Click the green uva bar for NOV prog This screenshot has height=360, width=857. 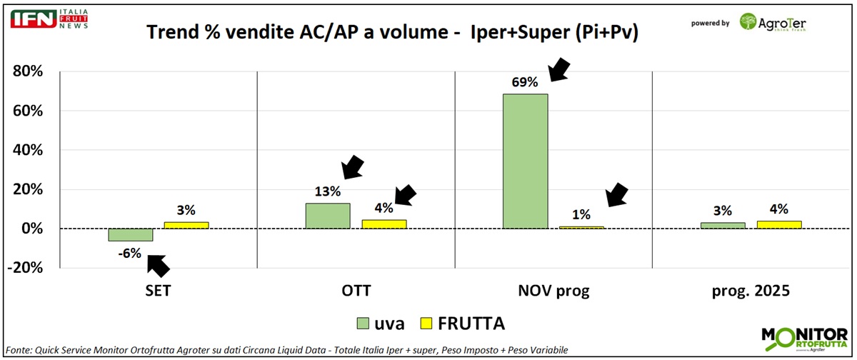coord(525,161)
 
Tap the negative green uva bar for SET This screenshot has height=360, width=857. coord(130,235)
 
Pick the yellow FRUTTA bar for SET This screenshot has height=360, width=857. coord(186,225)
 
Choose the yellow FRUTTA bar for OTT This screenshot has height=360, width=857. coord(384,224)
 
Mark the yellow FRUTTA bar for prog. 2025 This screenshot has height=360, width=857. coord(778,225)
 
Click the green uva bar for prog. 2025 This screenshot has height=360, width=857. coord(723,226)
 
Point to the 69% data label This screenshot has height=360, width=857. coord(525,81)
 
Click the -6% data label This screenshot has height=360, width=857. coord(130,252)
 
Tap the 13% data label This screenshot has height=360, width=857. coord(328,191)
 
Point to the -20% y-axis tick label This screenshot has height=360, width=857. coord(25,268)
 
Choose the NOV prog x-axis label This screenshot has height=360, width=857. coord(553,291)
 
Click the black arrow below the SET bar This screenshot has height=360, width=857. coord(159,265)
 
